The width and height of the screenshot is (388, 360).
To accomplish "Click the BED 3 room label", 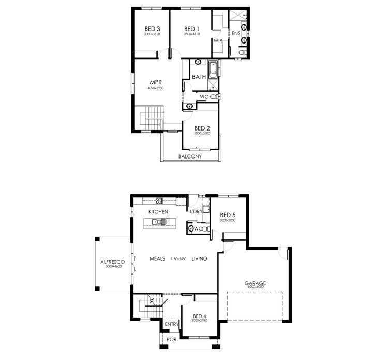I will pyautogui.click(x=152, y=29).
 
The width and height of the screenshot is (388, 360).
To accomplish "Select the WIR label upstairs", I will pyautogui.click(x=218, y=40).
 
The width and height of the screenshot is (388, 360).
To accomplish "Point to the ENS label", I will pyautogui.click(x=235, y=34).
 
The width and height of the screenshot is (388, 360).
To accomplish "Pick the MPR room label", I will pyautogui.click(x=156, y=82).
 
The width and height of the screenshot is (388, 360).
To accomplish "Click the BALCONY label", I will pyautogui.click(x=190, y=156).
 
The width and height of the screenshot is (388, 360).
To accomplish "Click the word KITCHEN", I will pyautogui.click(x=158, y=212).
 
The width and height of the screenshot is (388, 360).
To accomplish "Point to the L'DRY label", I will pyautogui.click(x=196, y=212).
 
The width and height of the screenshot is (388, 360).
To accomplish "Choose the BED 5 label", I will pyautogui.click(x=228, y=215).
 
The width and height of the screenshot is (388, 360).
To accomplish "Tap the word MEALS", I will pyautogui.click(x=157, y=258).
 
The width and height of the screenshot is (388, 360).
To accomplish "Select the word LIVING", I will pyautogui.click(x=199, y=258).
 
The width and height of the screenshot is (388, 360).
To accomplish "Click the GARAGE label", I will pyautogui.click(x=255, y=283).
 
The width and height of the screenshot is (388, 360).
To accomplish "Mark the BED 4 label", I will pyautogui.click(x=200, y=316).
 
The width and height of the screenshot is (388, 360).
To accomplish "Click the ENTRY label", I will pyautogui.click(x=172, y=325).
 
